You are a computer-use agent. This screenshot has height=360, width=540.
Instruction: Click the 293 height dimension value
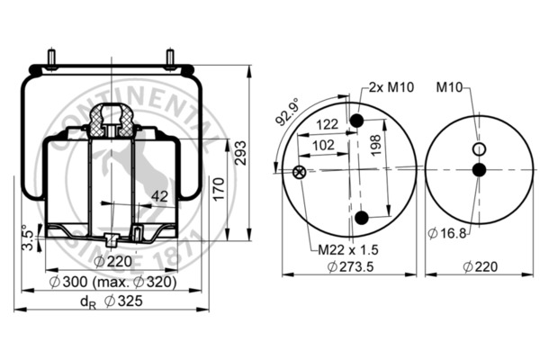click(240, 153)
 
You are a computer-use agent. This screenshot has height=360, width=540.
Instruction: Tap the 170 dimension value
click(219, 189)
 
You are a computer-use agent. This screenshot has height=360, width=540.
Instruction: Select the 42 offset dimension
click(160, 196)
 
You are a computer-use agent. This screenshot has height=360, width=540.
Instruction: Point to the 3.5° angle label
click(27, 238)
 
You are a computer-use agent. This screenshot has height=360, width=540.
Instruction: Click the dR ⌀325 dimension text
click(112, 301)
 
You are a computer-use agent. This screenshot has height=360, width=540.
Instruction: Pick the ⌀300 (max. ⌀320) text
click(113, 282)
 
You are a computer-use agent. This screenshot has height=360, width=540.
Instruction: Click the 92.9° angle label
click(287, 112)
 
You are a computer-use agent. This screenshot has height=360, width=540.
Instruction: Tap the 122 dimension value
click(328, 124)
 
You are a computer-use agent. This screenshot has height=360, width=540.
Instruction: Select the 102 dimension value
click(323, 145)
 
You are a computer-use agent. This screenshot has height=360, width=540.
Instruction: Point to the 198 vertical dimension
click(375, 145)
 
